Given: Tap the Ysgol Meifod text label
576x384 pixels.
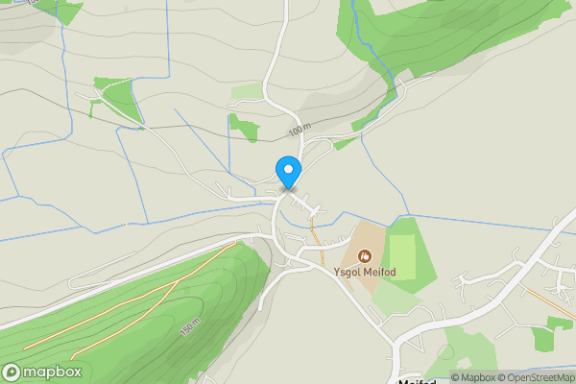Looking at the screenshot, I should [365, 272].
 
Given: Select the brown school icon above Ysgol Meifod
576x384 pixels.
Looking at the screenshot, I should [365, 256].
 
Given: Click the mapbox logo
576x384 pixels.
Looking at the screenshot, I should [42, 372].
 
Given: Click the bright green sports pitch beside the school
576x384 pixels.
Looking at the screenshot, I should [404, 255].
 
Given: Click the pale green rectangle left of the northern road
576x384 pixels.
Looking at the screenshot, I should [247, 92].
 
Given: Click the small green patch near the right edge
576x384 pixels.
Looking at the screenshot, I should [544, 338].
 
